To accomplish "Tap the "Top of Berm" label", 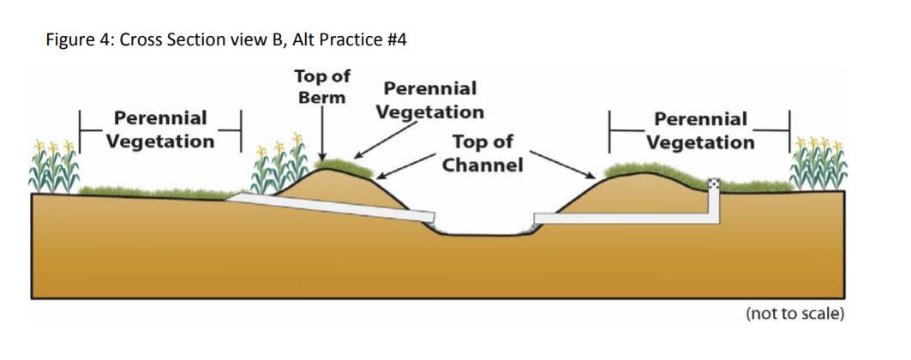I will click(x=321, y=86).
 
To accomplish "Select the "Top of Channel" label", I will click(x=482, y=153).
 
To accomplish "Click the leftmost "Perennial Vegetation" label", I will click(x=160, y=129).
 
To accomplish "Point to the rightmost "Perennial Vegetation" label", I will click(x=700, y=130).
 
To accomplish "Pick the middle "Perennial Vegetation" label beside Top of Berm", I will click(x=429, y=99).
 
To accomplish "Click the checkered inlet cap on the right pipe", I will click(x=714, y=183).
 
